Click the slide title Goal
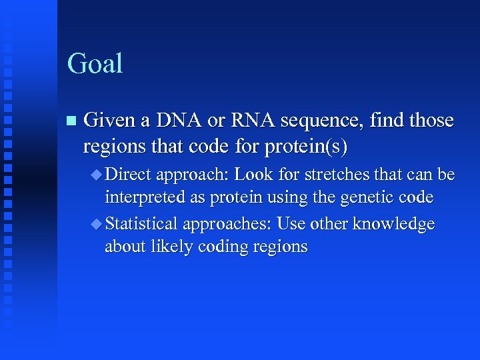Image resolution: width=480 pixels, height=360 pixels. coord(95,64)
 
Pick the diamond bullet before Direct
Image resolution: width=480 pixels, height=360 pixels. coord(97,175)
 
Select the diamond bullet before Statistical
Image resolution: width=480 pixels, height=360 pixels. coord(97,223)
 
